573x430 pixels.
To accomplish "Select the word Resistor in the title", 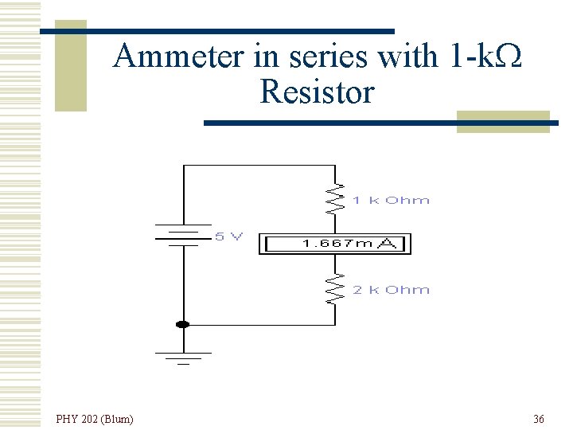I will coord(316,92).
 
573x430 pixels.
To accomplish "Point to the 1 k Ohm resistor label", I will coord(391,201).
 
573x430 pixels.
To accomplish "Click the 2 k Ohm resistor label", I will coord(391,290).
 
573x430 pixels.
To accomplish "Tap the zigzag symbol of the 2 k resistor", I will coord(336,290).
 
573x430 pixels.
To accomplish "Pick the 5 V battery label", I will coord(228,236).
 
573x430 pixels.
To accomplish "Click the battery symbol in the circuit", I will coord(184,235).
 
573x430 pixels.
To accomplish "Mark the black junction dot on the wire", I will coord(183,324).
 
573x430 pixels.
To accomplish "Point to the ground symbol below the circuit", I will coord(184,356).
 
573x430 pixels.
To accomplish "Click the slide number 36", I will coord(539,419).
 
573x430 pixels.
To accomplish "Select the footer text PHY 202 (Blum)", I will coord(95,419).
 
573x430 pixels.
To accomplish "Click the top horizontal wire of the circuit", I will coord(259,166).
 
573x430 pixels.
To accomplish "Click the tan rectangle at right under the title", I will coord(503,122).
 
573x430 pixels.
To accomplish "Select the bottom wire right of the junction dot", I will coord(263,325).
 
